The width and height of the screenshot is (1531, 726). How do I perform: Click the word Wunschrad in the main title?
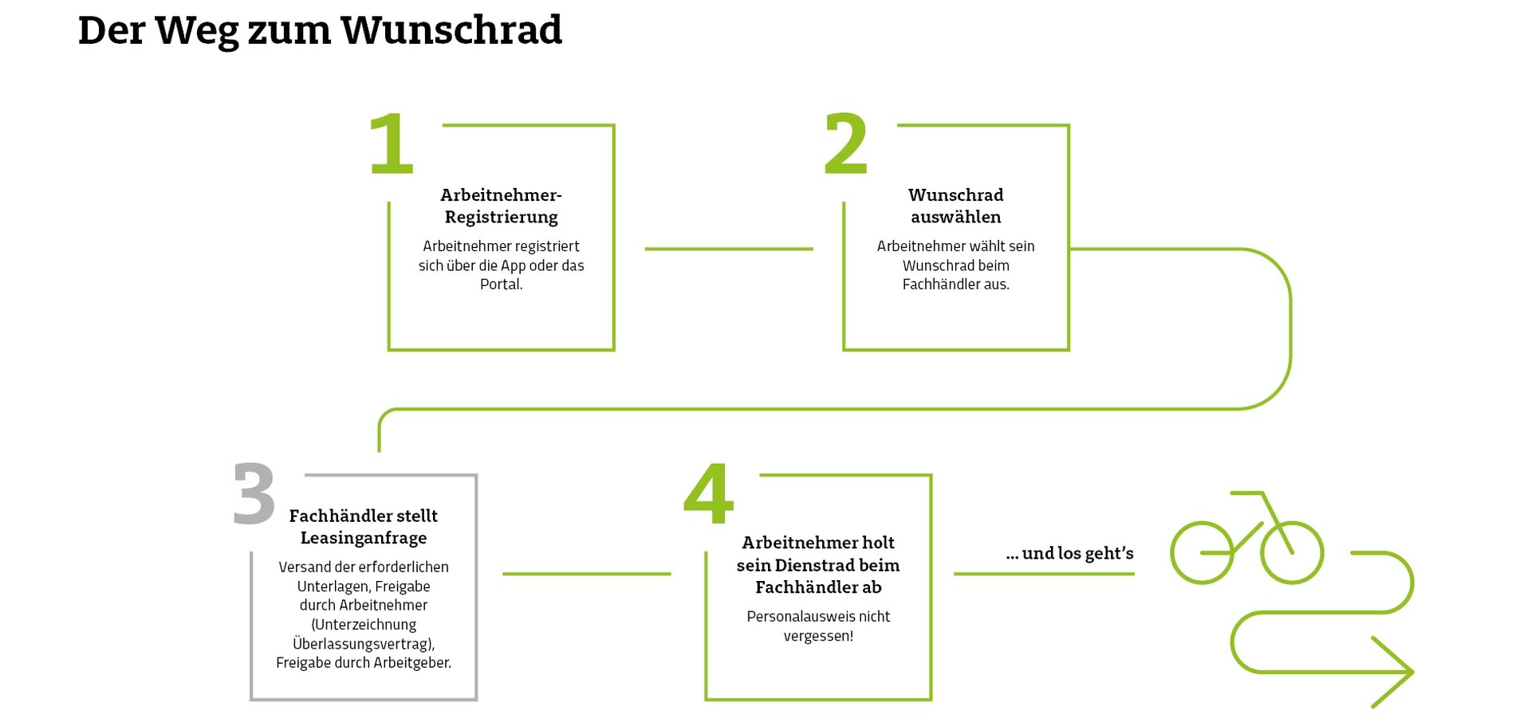coord(451,30)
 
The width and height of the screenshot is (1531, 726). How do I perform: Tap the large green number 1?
coord(392,143)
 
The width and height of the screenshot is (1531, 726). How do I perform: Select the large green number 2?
coord(845,143)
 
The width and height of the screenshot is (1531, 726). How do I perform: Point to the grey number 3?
coord(254,494)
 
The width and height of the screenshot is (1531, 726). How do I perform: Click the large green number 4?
coord(708,494)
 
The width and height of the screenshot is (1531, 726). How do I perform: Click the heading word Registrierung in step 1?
coord(501,218)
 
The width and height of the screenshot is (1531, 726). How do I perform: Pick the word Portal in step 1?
coord(499,285)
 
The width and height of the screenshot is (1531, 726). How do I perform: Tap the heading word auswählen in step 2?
coord(956,217)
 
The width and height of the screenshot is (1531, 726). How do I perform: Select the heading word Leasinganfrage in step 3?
coord(364,539)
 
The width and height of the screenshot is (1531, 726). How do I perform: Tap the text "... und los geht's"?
coord(1069,554)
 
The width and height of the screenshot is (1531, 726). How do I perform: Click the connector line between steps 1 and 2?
coord(729,249)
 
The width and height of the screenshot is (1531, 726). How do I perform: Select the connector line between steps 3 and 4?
coord(587,574)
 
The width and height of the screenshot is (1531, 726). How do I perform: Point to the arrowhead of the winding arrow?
coord(1412,672)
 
